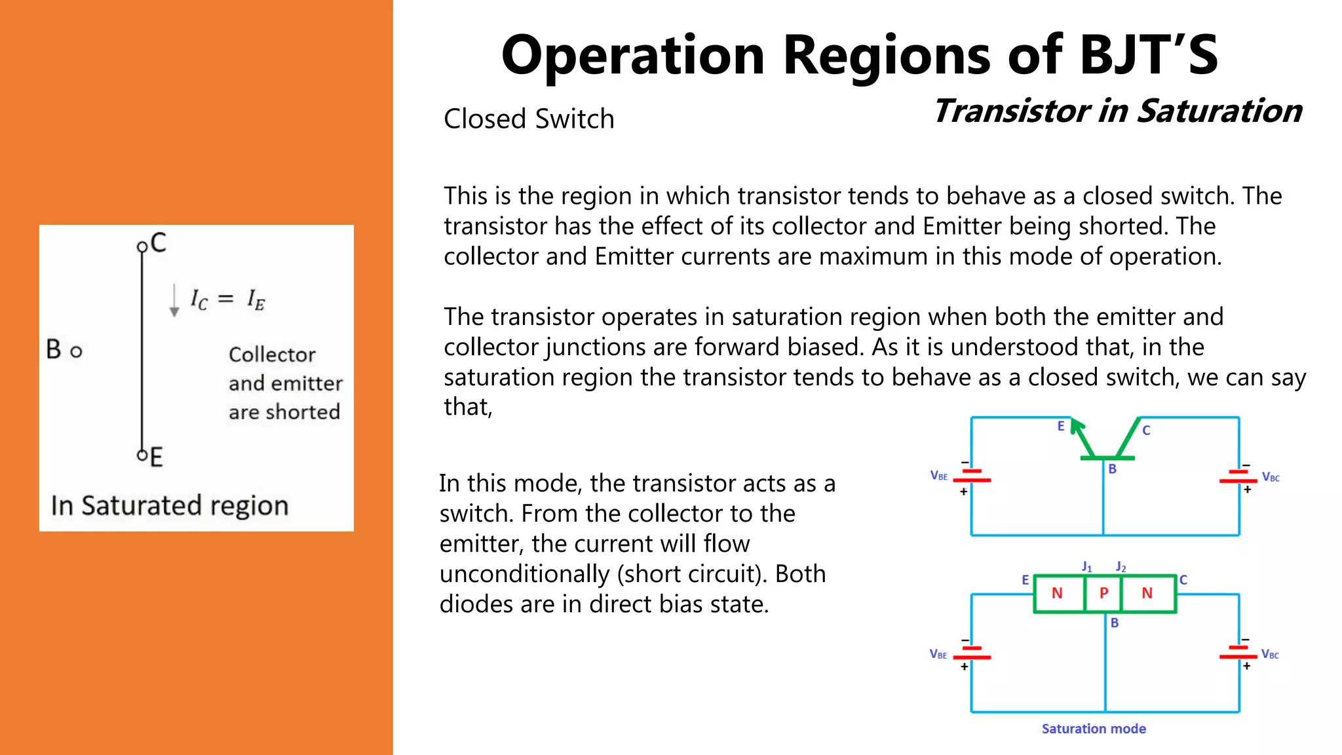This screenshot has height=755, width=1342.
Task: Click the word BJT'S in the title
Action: (x=1148, y=55)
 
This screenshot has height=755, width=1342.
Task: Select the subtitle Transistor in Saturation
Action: (x=1117, y=111)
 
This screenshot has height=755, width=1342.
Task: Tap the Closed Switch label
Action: (x=529, y=119)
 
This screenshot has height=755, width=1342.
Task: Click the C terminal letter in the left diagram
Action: (x=159, y=243)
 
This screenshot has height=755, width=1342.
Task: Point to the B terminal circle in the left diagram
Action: (x=76, y=352)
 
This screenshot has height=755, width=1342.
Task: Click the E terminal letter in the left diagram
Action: (x=156, y=457)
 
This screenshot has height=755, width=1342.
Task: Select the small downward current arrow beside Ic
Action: (x=174, y=301)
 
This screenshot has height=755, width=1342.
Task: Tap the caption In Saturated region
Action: (x=170, y=506)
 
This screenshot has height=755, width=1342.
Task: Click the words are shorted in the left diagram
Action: (x=284, y=412)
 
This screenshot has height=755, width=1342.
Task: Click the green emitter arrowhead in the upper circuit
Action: (x=1076, y=428)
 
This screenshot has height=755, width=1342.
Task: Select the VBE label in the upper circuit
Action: (x=938, y=476)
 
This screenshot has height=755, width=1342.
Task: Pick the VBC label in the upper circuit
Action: (x=1271, y=477)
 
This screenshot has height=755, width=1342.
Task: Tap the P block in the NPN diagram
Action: (x=1103, y=593)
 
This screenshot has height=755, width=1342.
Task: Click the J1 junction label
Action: (x=1086, y=566)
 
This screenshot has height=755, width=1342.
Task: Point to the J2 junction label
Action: (x=1121, y=566)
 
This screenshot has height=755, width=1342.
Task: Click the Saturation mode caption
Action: (x=1094, y=729)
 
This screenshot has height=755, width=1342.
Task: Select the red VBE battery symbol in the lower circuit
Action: (x=972, y=652)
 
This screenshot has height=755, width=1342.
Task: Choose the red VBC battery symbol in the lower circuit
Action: (x=1238, y=652)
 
